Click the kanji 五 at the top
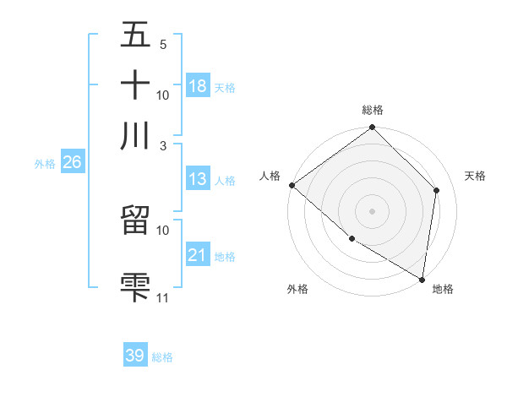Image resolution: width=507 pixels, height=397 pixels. (x=135, y=35)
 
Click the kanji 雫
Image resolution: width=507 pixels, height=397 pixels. (x=135, y=285)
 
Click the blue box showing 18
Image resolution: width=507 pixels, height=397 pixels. (x=198, y=85)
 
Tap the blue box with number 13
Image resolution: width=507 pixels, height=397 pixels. (x=198, y=179)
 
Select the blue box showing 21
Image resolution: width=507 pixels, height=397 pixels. (x=198, y=255)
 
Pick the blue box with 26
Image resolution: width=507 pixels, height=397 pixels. (x=72, y=163)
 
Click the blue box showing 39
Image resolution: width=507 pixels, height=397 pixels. (x=135, y=356)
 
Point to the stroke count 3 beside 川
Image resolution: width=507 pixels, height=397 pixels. (x=163, y=144)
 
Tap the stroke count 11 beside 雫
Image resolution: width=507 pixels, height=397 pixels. (x=163, y=297)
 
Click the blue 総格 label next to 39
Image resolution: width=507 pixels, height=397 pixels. (x=162, y=357)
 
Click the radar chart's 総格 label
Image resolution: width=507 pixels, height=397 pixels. (x=373, y=110)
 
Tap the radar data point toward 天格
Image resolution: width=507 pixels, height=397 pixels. (x=437, y=190)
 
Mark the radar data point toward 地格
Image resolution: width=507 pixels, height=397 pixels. (x=422, y=279)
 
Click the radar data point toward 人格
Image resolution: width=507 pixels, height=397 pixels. (x=292, y=185)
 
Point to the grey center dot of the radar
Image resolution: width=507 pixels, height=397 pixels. (x=373, y=210)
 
